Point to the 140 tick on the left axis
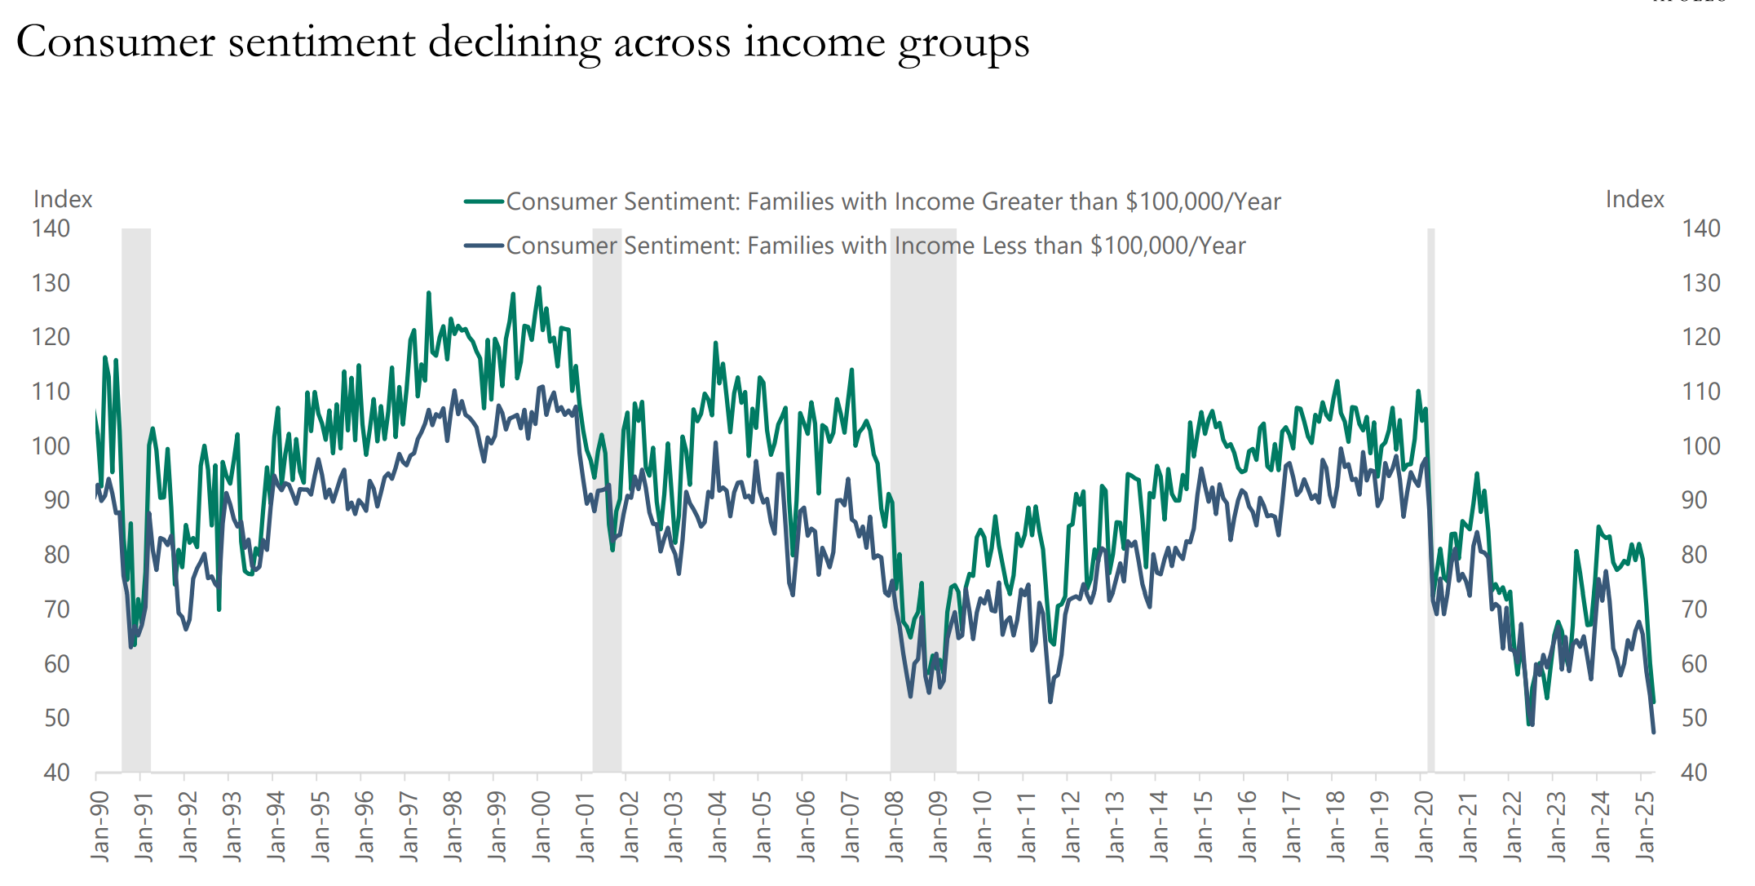pos(51,228)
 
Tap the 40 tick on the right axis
pos(1694,772)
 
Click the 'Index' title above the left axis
pos(63,199)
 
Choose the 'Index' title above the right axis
pos(1634,199)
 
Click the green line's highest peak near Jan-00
pos(538,287)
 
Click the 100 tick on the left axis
pos(51,446)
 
